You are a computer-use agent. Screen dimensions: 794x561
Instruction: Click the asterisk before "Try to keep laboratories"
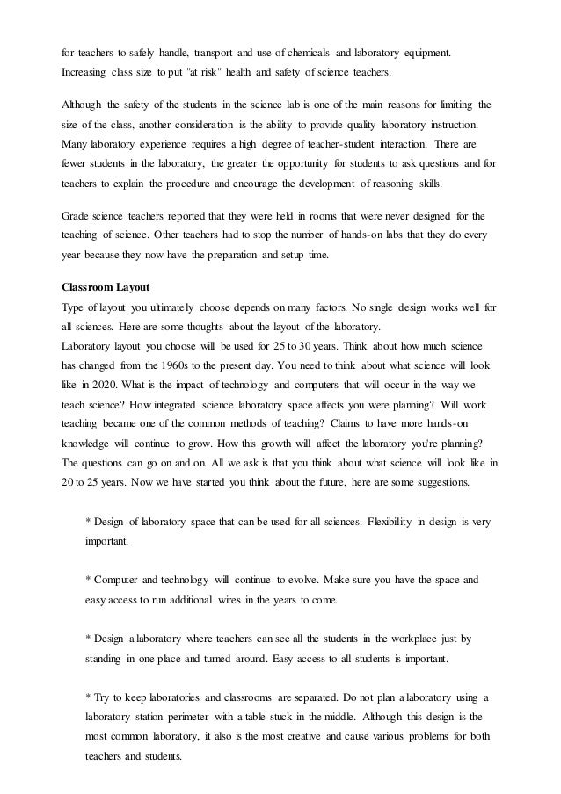(x=88, y=698)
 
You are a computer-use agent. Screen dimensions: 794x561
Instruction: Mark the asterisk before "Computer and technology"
(x=88, y=581)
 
